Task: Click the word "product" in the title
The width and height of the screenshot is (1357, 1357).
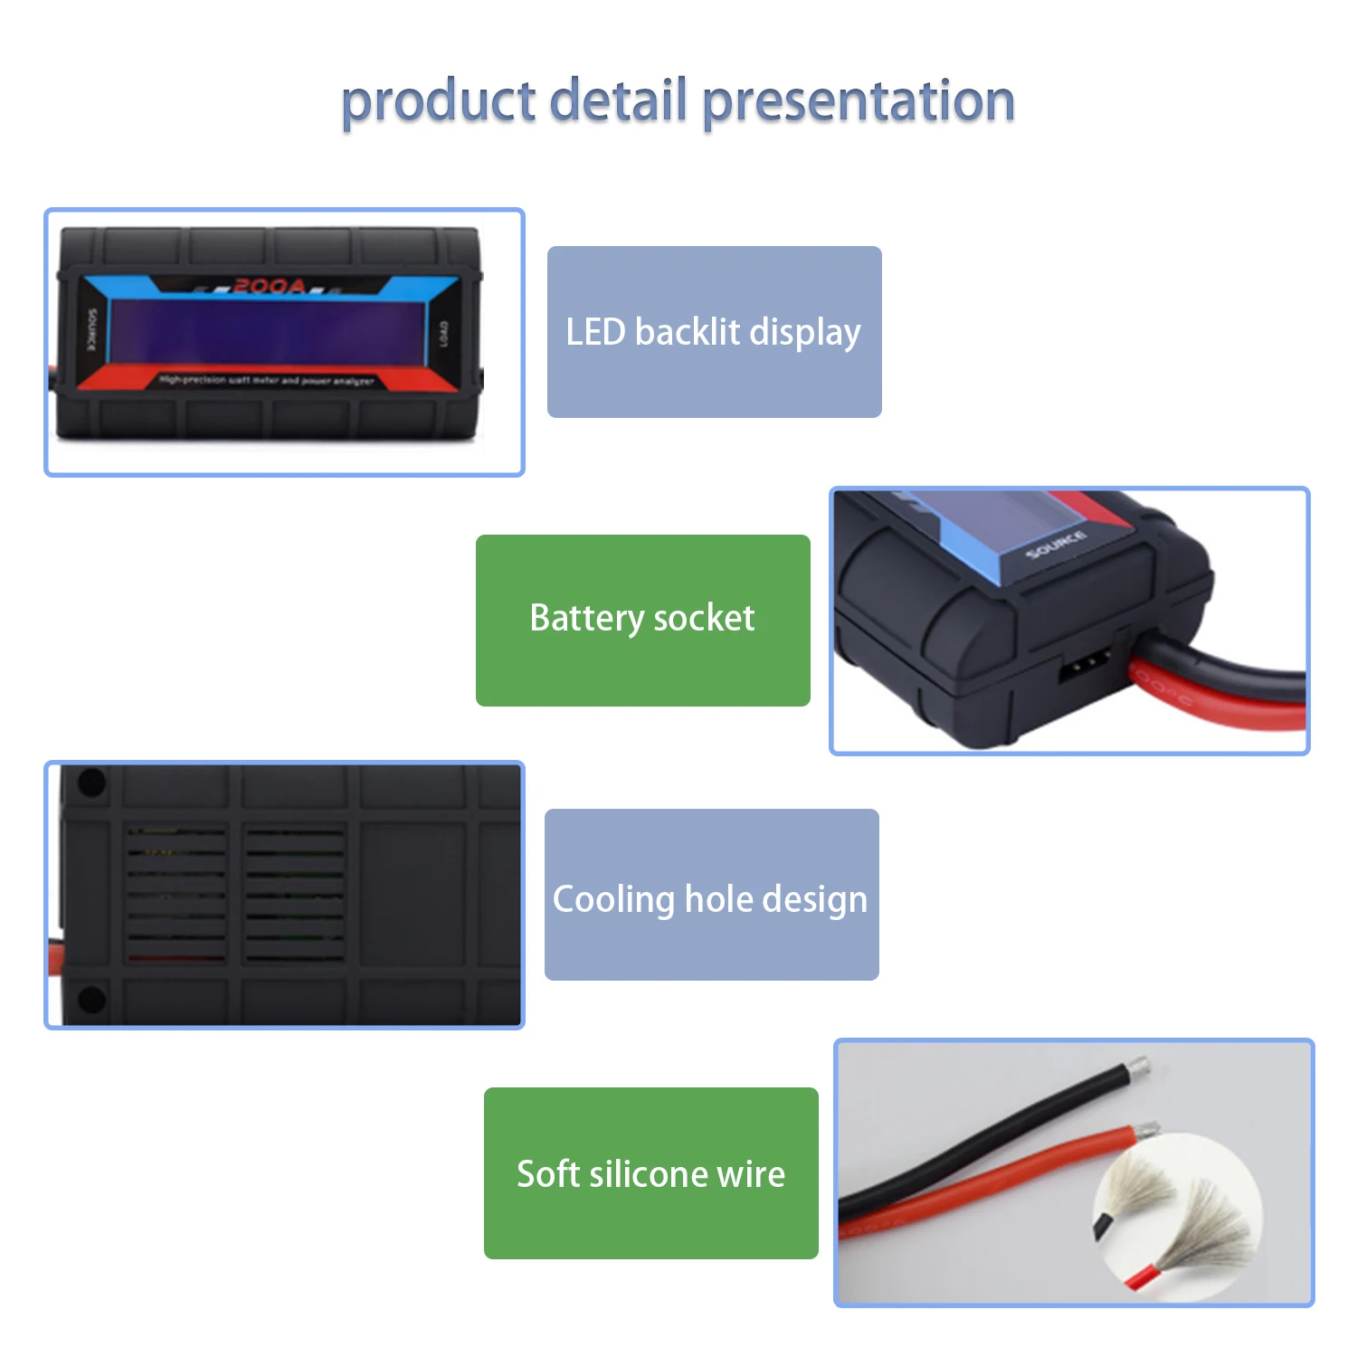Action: (438, 101)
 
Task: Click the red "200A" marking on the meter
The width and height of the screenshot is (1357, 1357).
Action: (269, 287)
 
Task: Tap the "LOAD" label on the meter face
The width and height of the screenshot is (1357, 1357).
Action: (443, 334)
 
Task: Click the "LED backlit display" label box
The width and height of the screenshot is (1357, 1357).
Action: (714, 332)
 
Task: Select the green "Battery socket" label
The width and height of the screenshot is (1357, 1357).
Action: (642, 620)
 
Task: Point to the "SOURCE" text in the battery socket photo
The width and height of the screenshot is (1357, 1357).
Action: (1056, 545)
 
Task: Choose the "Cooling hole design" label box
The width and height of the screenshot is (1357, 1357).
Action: (711, 895)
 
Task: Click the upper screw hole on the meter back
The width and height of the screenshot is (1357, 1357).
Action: (92, 783)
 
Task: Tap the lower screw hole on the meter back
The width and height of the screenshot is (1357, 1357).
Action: (92, 1000)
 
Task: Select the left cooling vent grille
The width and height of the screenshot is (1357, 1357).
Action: (176, 894)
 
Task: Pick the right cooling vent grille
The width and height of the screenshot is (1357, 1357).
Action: (295, 894)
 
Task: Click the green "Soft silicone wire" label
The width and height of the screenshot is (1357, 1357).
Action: (650, 1173)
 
